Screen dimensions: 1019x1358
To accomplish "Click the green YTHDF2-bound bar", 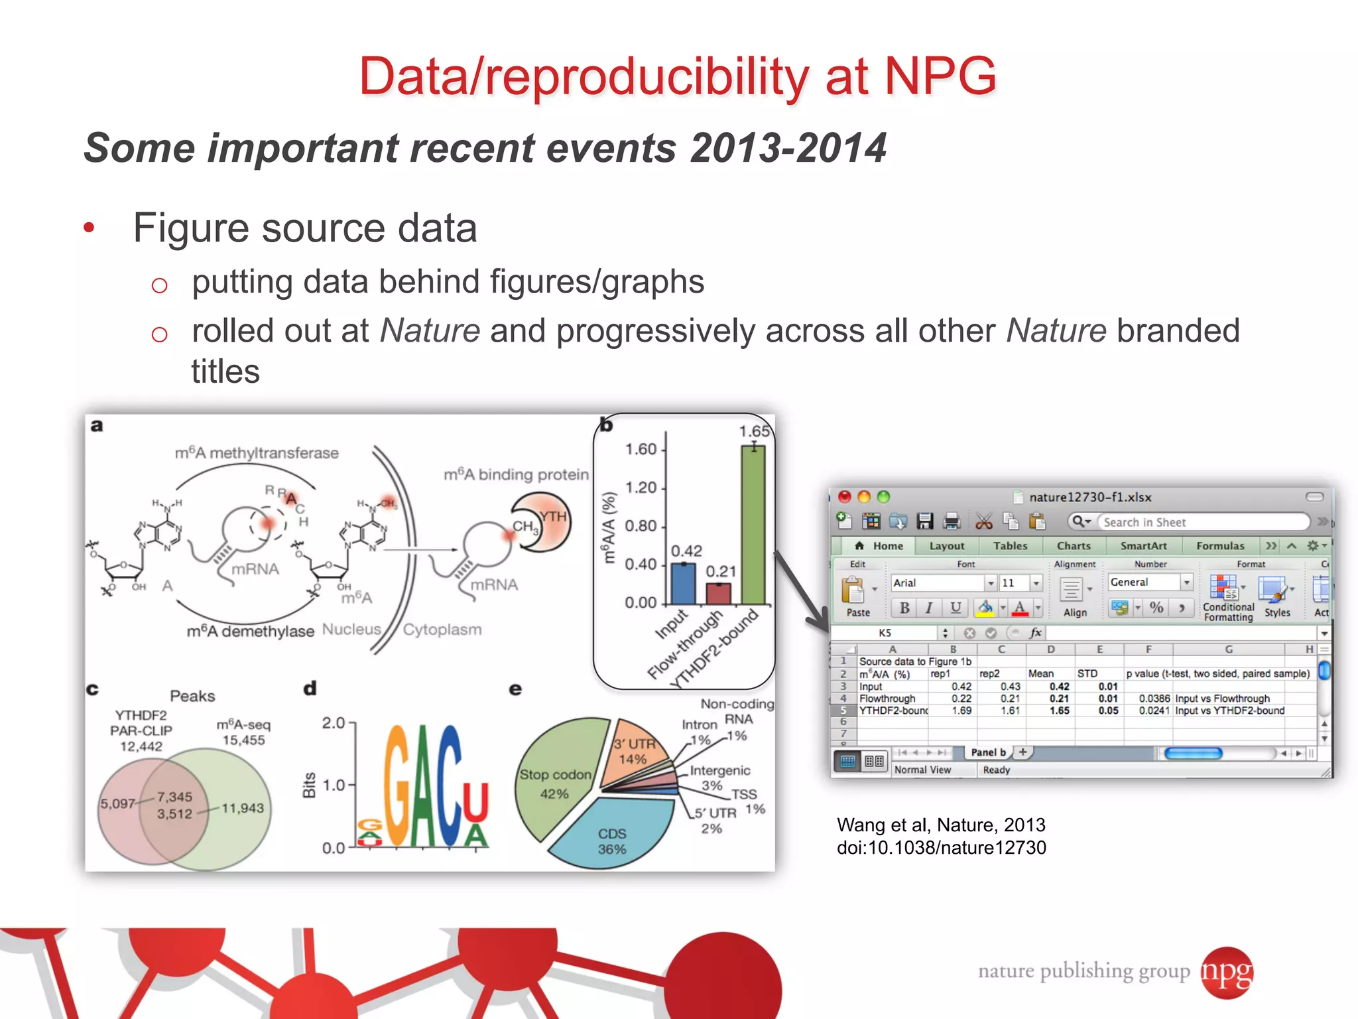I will point(753,524).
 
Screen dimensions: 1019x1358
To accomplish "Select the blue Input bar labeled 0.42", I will point(683,583).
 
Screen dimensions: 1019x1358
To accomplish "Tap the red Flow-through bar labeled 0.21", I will point(718,593).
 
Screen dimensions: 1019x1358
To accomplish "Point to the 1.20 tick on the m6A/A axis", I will point(641,488).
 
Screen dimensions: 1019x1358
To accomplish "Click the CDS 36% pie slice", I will point(611,836).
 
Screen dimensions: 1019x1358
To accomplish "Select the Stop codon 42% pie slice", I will point(556,776).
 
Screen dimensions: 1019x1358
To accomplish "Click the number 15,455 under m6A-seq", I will point(243,740).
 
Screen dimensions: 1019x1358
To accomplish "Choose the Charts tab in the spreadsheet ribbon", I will point(1074,546).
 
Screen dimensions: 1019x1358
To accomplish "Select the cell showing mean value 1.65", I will point(1059,711).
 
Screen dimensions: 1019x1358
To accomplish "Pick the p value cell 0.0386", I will point(1154,699).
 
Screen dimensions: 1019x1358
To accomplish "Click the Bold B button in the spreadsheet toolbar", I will point(904,608).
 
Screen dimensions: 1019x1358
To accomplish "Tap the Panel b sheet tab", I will point(988,752).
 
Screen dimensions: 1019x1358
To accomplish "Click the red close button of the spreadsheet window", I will point(845,497).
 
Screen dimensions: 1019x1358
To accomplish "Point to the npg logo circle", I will point(1227,973).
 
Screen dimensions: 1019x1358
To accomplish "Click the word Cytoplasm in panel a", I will point(442,630).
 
